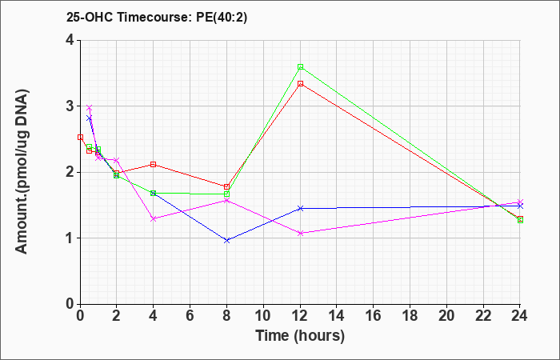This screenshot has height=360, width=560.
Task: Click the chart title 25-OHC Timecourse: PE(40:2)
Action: pos(157,18)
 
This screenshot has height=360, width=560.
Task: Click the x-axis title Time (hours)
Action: pos(300,336)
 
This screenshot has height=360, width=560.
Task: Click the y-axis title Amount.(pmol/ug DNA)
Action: pos(22,172)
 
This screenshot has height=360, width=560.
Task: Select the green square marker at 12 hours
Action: pos(300,66)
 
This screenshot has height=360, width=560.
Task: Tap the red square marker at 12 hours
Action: pos(300,83)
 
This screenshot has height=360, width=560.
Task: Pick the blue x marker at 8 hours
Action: pos(226,241)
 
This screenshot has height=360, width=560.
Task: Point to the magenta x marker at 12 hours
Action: pos(300,234)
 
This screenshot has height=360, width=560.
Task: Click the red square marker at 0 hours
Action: pos(80,137)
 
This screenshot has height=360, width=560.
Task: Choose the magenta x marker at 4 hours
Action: pos(154,218)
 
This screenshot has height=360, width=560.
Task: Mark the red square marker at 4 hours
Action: pos(154,164)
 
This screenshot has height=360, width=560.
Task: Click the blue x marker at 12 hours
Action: pos(300,208)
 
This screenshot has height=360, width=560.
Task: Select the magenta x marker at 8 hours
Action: pos(226,201)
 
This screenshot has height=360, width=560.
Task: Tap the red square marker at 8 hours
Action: pos(226,186)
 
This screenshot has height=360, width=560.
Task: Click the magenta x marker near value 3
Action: pos(90,107)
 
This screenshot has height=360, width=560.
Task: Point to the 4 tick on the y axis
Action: pos(78,40)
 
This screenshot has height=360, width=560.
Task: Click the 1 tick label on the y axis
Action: pos(70,238)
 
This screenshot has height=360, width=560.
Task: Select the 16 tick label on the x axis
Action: pos(374,316)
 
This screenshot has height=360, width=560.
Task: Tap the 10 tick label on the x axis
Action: pos(263,316)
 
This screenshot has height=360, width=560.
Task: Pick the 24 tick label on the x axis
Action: pos(519,316)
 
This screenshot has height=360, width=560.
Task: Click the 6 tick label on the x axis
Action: pos(190,316)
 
